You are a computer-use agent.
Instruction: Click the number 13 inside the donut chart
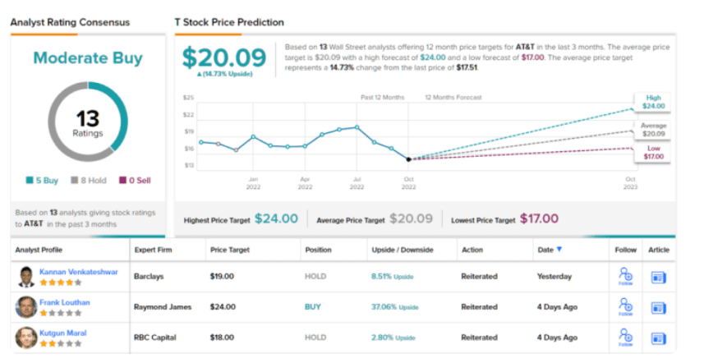[87, 118]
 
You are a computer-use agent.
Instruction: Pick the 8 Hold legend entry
[88, 181]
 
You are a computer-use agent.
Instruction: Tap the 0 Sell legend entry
[134, 181]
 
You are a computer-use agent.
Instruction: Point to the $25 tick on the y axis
[188, 98]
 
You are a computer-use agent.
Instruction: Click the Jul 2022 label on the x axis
[357, 181]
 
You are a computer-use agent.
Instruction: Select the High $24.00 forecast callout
[653, 101]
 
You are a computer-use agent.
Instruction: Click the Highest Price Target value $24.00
[276, 219]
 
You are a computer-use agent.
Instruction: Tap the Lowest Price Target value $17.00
[540, 219]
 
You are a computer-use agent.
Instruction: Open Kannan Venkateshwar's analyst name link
[77, 271]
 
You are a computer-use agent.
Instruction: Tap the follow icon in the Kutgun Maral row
[624, 336]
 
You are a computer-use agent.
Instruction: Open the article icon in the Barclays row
[658, 278]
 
